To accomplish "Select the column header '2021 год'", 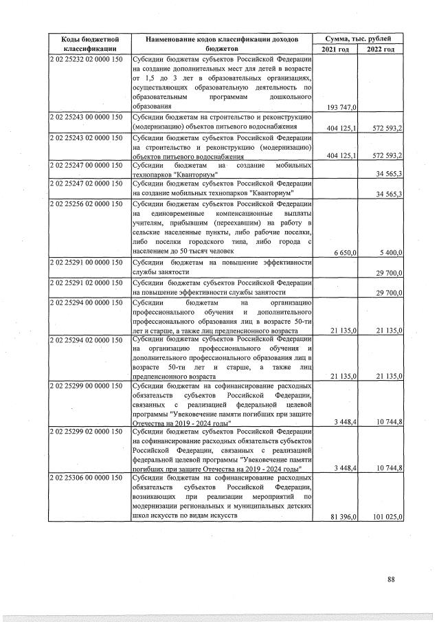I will (x=335, y=49).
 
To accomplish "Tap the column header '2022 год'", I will (x=380, y=49).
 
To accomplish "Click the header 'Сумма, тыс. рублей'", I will (x=357, y=39).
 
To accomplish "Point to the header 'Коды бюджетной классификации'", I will (x=87, y=44).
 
